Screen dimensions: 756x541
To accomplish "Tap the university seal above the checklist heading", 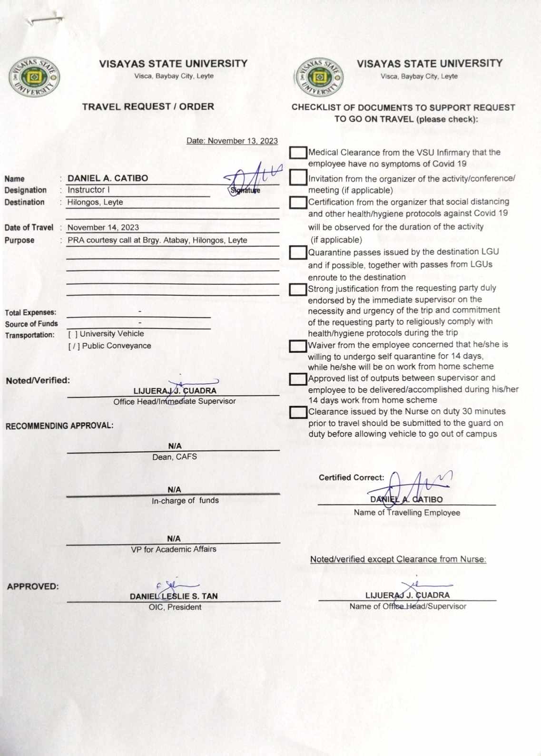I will click(319, 77).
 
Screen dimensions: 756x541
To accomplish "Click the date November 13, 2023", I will click(232, 141).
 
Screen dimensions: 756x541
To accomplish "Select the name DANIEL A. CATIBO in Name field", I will click(108, 178).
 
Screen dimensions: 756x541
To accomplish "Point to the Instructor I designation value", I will click(89, 190).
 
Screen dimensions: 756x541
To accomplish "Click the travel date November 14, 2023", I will click(103, 228).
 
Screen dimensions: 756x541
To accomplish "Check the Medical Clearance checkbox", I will click(298, 153).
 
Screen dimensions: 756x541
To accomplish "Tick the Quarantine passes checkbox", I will click(298, 252).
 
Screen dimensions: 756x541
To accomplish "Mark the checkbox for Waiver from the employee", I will click(298, 345).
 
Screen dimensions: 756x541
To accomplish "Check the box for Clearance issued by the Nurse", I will click(298, 412).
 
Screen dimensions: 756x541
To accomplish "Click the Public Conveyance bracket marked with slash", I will click(74, 346).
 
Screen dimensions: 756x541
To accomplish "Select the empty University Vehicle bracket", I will click(73, 334).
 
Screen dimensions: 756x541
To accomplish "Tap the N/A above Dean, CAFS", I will click(175, 446).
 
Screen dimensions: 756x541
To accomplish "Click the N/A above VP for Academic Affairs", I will click(174, 539).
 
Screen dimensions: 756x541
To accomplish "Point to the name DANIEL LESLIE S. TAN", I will click(174, 596).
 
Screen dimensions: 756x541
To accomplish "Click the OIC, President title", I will click(175, 607).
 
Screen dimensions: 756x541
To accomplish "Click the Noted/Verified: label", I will click(38, 380).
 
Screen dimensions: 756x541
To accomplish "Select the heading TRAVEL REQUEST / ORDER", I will click(148, 107).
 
